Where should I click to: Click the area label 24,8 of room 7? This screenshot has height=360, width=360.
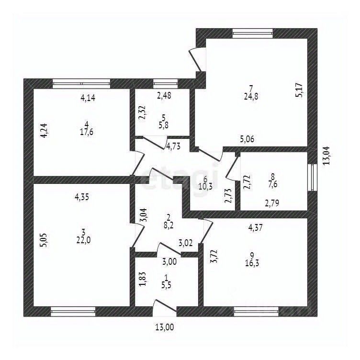251,96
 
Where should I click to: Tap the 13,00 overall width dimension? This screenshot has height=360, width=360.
165,327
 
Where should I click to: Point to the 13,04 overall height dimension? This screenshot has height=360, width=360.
326,156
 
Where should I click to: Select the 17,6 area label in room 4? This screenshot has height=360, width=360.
87,132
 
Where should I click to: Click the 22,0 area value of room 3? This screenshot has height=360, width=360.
84,240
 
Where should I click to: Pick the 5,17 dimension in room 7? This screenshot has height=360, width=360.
300,90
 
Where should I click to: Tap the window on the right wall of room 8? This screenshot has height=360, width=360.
312,177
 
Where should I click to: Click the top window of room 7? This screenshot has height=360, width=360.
253,34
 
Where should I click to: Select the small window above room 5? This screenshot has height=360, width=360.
165,83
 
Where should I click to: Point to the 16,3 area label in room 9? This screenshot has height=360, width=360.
252,263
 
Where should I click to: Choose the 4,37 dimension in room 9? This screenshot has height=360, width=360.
255,228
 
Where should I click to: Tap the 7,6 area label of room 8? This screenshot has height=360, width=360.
272,184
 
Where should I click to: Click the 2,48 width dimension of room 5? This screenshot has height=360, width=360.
164,96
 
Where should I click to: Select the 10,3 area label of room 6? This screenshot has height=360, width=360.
205,186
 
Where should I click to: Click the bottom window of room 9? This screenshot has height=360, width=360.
256,311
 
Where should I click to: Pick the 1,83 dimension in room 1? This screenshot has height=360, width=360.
143,279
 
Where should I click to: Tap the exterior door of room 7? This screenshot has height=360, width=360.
195,60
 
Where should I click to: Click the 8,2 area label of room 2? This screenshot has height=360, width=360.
169,225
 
